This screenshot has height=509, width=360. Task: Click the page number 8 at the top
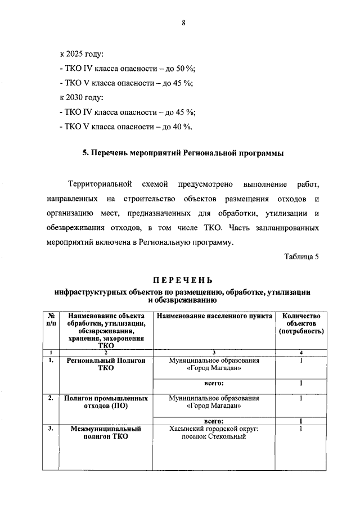coord(183,23)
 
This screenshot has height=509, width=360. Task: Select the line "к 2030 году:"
coord(82,98)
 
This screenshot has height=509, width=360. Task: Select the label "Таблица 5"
coord(301,257)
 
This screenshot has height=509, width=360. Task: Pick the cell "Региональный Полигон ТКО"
coord(106,364)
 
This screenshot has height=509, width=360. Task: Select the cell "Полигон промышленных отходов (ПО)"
coord(106,402)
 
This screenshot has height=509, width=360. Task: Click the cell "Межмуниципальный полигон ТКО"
coord(106,432)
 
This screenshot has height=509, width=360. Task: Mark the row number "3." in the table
coord(51,429)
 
